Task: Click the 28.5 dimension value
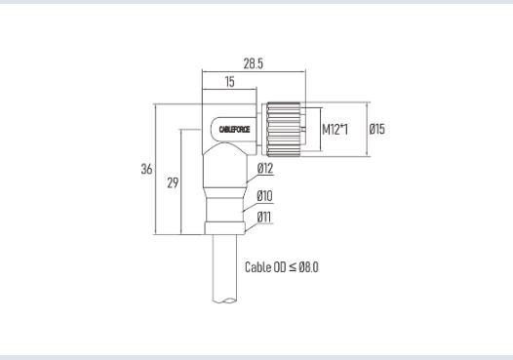point(253,63)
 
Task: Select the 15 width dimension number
point(229,82)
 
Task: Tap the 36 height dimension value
point(146,169)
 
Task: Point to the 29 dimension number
point(173,182)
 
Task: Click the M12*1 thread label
point(335,130)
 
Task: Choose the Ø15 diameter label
point(376,129)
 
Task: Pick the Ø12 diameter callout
point(265,168)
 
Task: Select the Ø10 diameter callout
point(264,196)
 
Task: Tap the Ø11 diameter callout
point(264,217)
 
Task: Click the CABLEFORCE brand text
point(234,130)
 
